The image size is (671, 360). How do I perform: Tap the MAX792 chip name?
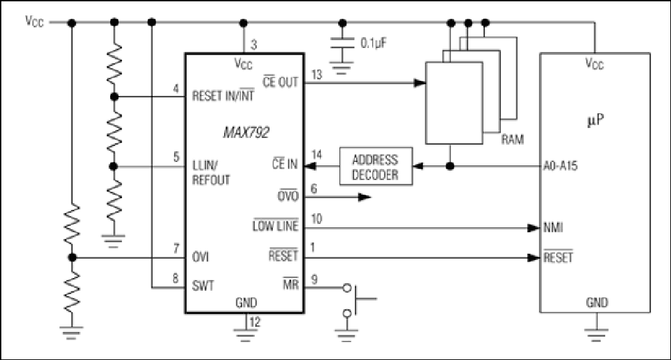pyautogui.click(x=246, y=133)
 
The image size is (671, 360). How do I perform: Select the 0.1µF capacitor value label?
pyautogui.click(x=374, y=43)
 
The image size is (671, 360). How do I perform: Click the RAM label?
pyautogui.click(x=512, y=139)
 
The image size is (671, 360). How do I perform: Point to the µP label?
pyautogui.click(x=596, y=121)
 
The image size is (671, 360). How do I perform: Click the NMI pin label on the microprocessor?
pyautogui.click(x=553, y=227)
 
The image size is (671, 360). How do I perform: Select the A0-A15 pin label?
pyautogui.click(x=560, y=166)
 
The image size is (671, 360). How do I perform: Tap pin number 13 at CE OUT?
pyautogui.click(x=317, y=75)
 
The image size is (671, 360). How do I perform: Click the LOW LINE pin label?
pyautogui.click(x=275, y=225)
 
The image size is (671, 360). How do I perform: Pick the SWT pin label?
pyautogui.click(x=203, y=285)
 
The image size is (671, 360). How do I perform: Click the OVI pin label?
pyautogui.click(x=200, y=257)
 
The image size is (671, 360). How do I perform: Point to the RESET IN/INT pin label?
pyautogui.click(x=223, y=95)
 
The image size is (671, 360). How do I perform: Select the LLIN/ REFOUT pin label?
pyautogui.click(x=211, y=173)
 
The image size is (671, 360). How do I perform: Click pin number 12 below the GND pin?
pyautogui.click(x=255, y=322)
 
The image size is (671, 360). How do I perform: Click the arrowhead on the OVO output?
pyautogui.click(x=364, y=197)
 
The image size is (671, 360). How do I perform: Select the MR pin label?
pyautogui.click(x=291, y=283)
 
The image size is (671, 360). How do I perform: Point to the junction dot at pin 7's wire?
pyautogui.click(x=72, y=257)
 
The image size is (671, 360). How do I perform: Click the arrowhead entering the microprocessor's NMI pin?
pyautogui.click(x=533, y=228)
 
